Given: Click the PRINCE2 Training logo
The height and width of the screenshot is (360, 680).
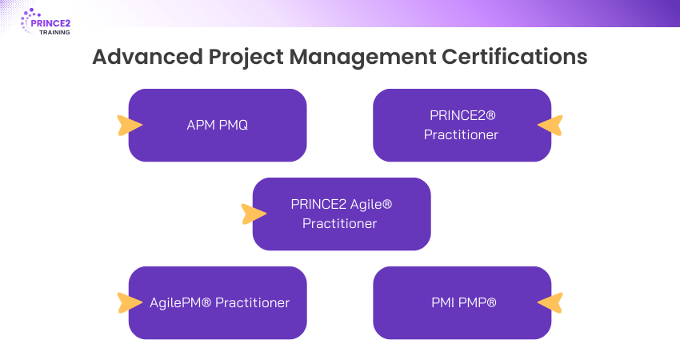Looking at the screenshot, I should (46, 22).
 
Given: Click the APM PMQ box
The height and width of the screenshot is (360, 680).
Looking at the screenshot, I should (218, 125).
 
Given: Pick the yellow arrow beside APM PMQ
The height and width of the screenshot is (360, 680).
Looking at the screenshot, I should (129, 125).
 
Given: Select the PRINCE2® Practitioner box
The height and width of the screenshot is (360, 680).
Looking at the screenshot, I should (462, 125).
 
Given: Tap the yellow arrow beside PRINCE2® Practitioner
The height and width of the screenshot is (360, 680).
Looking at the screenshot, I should (550, 125).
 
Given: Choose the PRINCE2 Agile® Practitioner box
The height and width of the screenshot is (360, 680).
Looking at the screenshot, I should (342, 214).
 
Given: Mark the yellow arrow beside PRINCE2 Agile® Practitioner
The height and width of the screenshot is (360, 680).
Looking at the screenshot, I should (253, 214).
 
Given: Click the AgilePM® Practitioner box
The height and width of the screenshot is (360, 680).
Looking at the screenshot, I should (218, 302).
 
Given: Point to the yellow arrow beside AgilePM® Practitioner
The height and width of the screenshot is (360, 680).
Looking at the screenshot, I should (129, 302).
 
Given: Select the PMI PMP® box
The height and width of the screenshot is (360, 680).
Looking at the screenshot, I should (462, 302).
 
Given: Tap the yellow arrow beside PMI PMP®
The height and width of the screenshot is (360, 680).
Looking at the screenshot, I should (550, 302).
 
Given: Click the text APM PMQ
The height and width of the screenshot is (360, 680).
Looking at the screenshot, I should (218, 125).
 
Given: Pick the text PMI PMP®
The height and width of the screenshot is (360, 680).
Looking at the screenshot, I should (464, 302).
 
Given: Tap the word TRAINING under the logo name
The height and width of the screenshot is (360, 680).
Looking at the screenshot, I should (54, 33).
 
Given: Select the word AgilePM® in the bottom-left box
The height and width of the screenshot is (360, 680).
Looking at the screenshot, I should (180, 302).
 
